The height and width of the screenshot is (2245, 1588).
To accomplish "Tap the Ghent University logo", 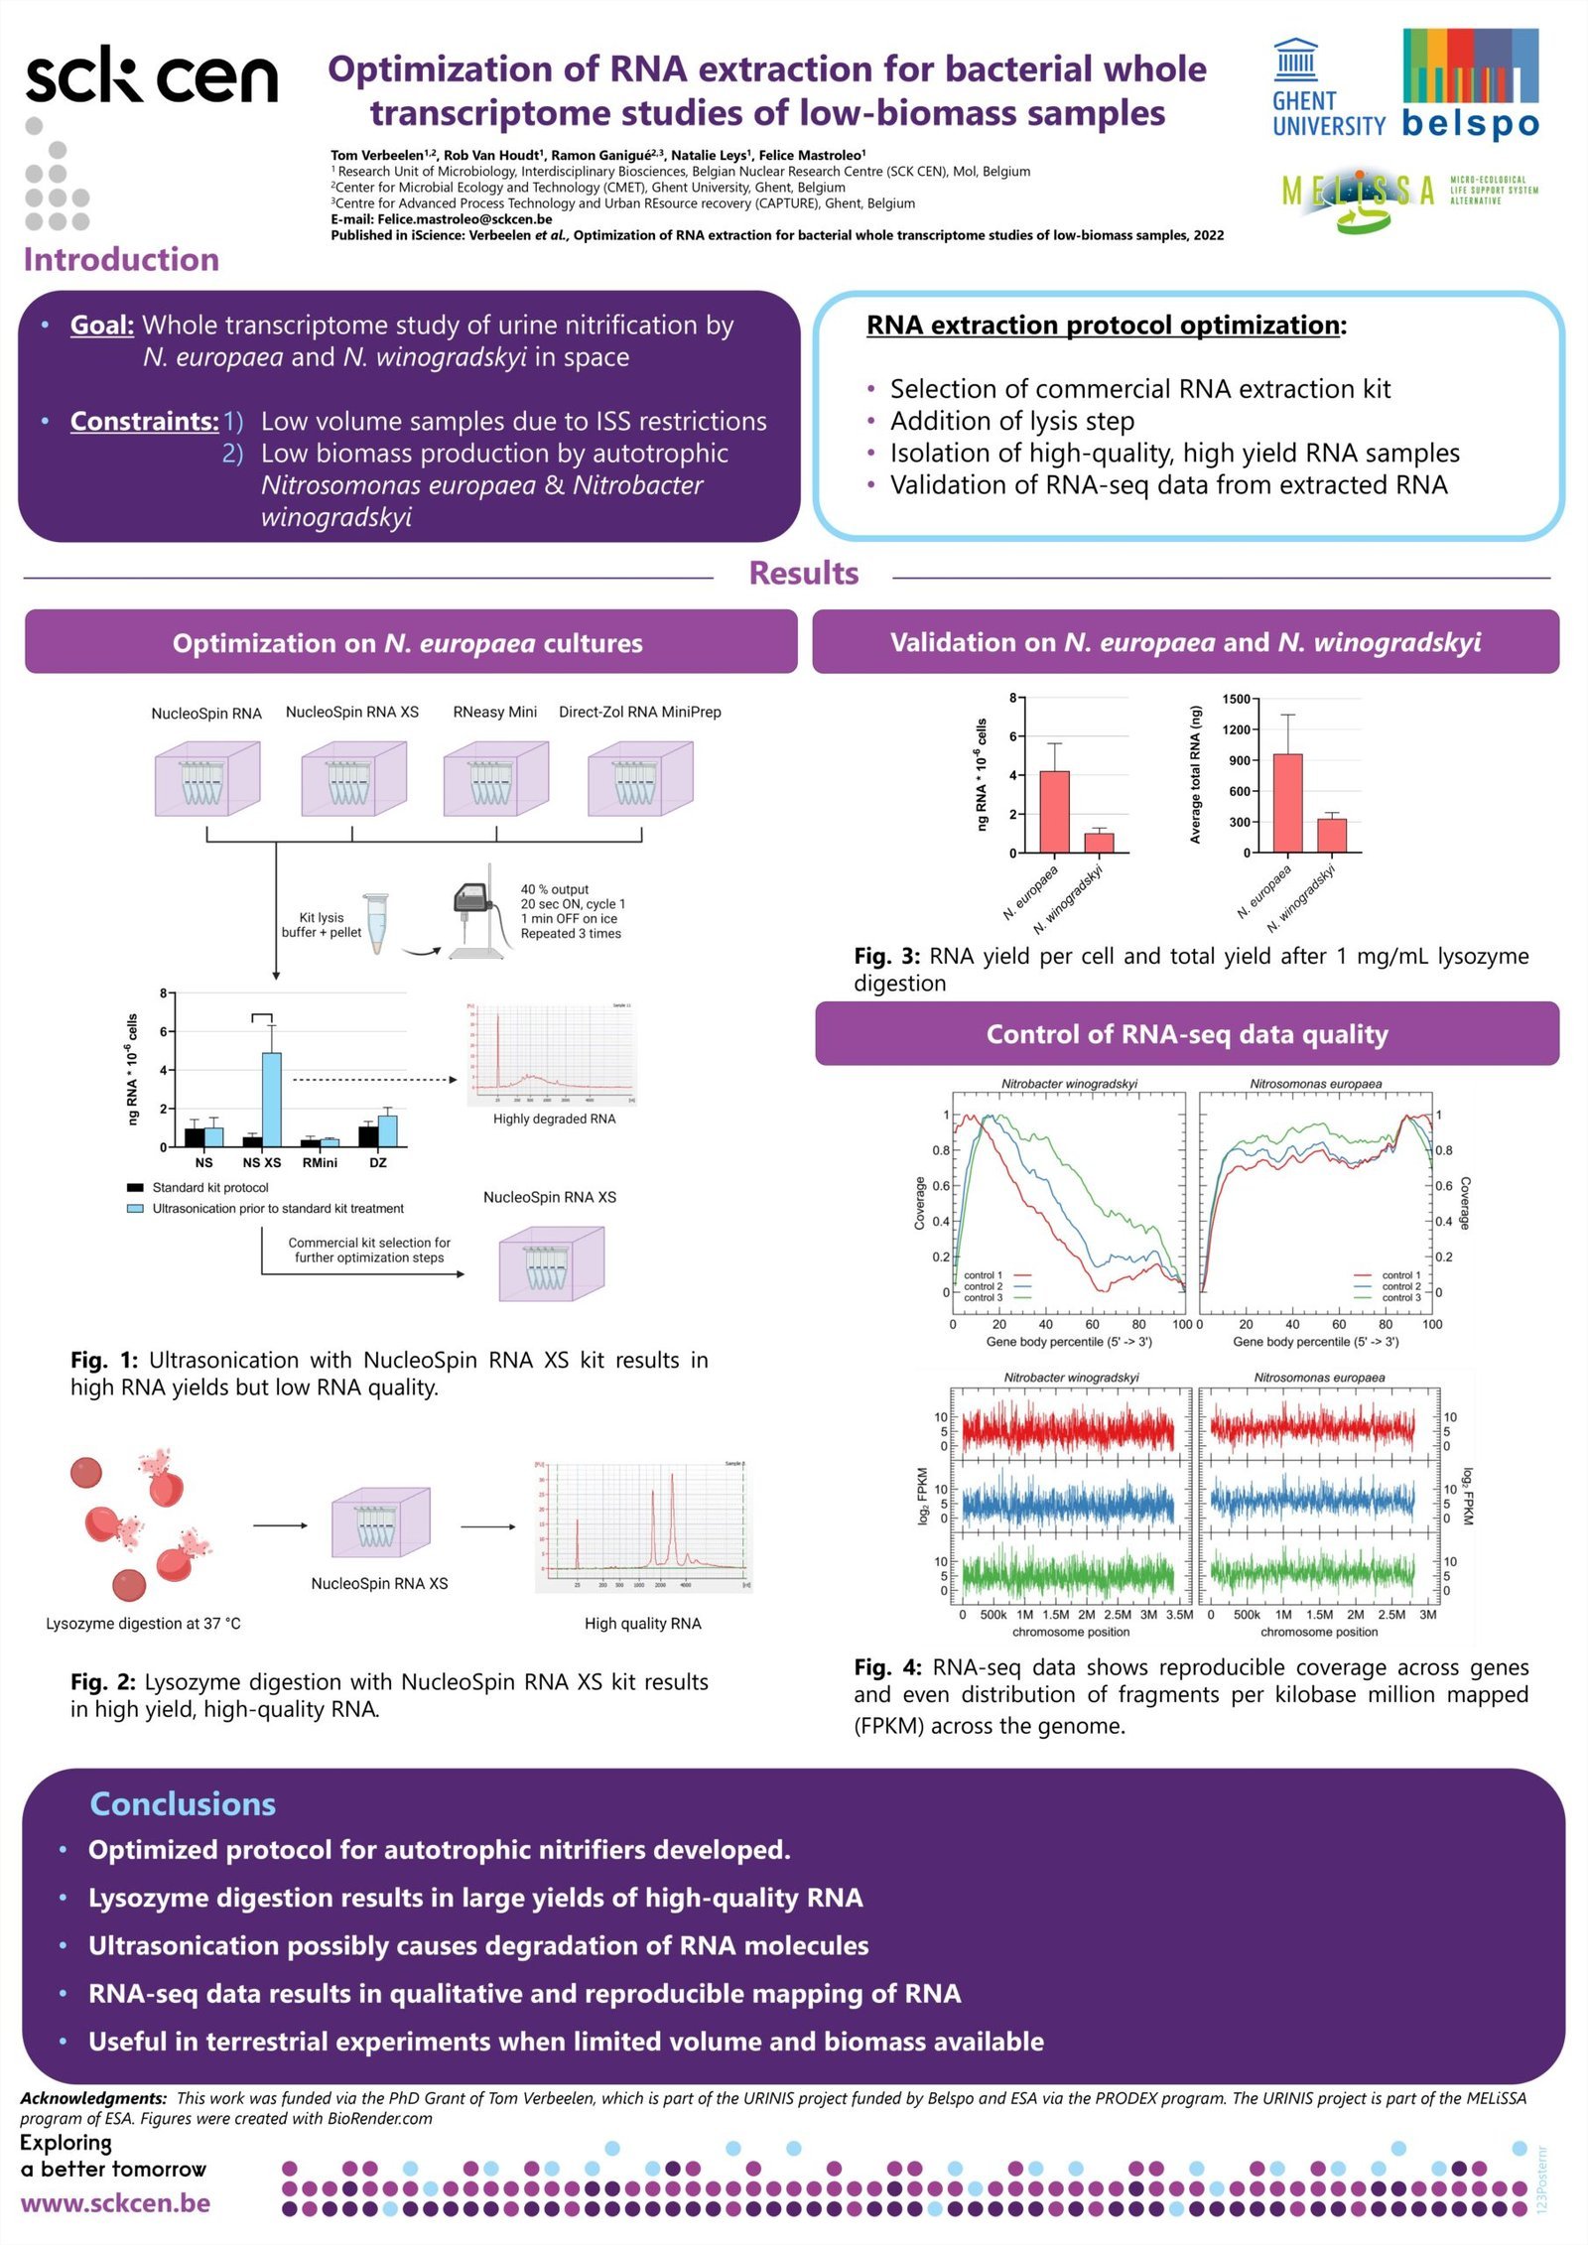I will coord(1328,89).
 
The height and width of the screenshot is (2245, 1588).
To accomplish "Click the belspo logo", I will coord(1470,83).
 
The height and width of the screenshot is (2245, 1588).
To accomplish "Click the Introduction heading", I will coord(121,260).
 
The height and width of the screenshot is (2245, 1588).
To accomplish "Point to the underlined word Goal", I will coord(101,326).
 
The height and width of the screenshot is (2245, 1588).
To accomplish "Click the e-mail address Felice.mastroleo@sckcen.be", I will coord(464,219).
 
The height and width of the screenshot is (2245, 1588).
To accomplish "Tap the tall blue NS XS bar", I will coord(271,1099).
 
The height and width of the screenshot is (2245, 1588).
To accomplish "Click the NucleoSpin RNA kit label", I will coord(206,714).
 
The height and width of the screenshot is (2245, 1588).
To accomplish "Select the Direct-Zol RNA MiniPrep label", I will coord(639,712).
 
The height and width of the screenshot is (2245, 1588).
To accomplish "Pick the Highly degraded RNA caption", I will coord(554,1119).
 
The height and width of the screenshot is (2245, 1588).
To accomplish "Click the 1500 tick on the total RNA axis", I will coord(1236,700).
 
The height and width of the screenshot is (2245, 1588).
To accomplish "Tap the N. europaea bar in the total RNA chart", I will coord(1287,803).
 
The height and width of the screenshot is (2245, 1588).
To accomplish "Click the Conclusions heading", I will coord(183,1803).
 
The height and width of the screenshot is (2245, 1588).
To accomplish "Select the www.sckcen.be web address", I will coord(115,2202).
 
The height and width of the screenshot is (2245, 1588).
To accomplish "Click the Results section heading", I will coord(803,574).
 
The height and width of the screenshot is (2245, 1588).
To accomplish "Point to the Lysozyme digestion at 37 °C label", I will coord(143,1624).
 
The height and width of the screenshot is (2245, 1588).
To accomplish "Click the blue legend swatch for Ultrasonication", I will coord(135,1209).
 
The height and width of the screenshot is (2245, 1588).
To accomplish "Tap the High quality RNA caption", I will coord(642,1624).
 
